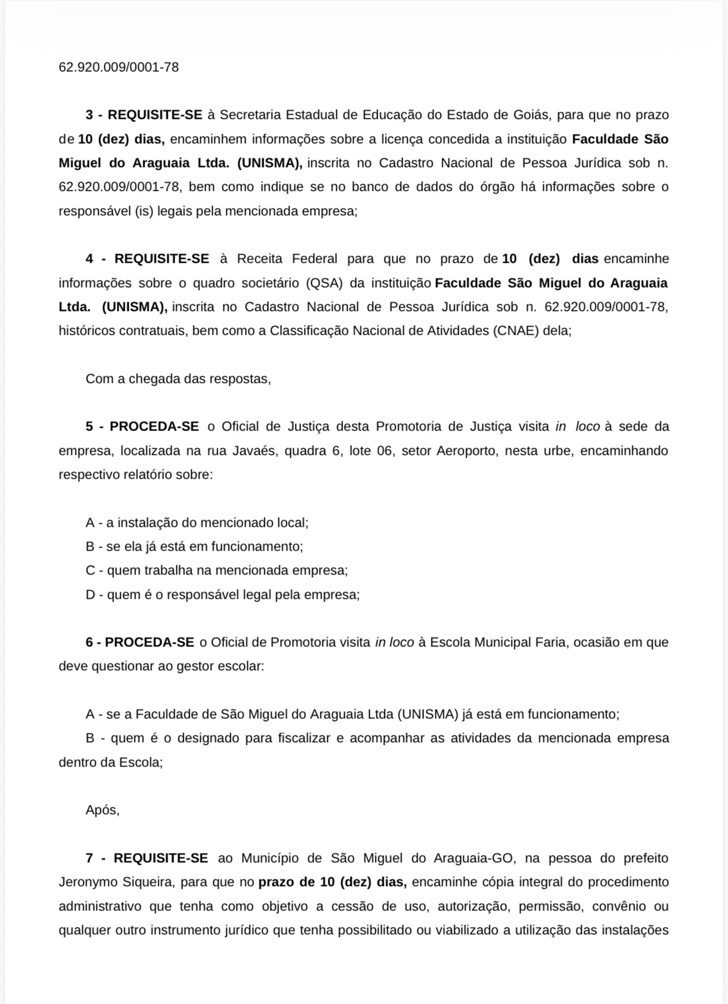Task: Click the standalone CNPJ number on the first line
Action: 118,67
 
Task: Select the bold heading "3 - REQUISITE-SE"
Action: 144,115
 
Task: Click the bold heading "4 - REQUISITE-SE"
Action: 147,259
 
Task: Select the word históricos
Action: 87,330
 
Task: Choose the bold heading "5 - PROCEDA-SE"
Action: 142,427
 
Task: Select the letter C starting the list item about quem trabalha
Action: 90,571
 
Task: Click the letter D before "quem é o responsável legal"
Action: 90,595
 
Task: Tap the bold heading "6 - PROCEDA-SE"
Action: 140,643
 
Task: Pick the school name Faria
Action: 549,643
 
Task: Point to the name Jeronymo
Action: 85,882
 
